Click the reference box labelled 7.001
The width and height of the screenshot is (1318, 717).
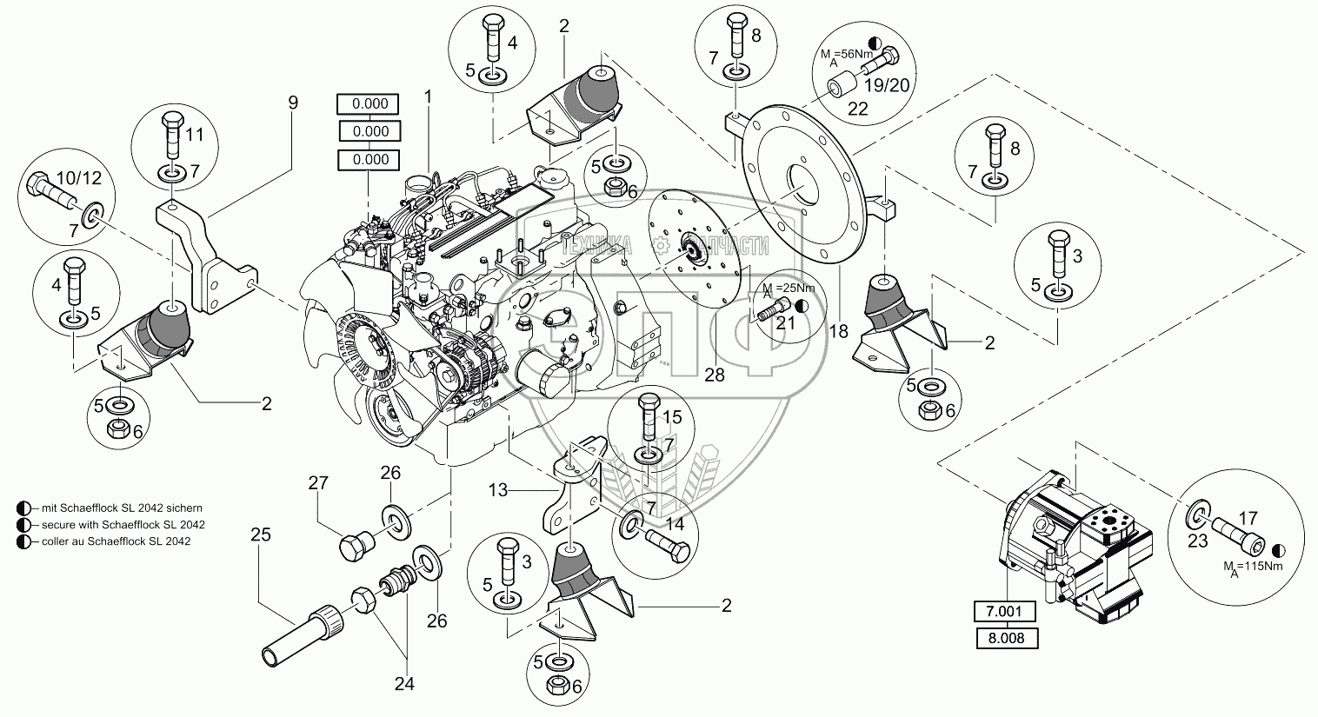(1004, 612)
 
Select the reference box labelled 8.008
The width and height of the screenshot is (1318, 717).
(1004, 638)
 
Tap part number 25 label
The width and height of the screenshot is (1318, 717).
(261, 534)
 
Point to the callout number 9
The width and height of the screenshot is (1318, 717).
(293, 103)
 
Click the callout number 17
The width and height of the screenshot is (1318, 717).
(1248, 519)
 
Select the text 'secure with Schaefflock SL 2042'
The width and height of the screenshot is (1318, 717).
(116, 525)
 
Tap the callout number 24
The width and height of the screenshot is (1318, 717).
(403, 683)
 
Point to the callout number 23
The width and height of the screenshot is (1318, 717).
(1199, 540)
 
